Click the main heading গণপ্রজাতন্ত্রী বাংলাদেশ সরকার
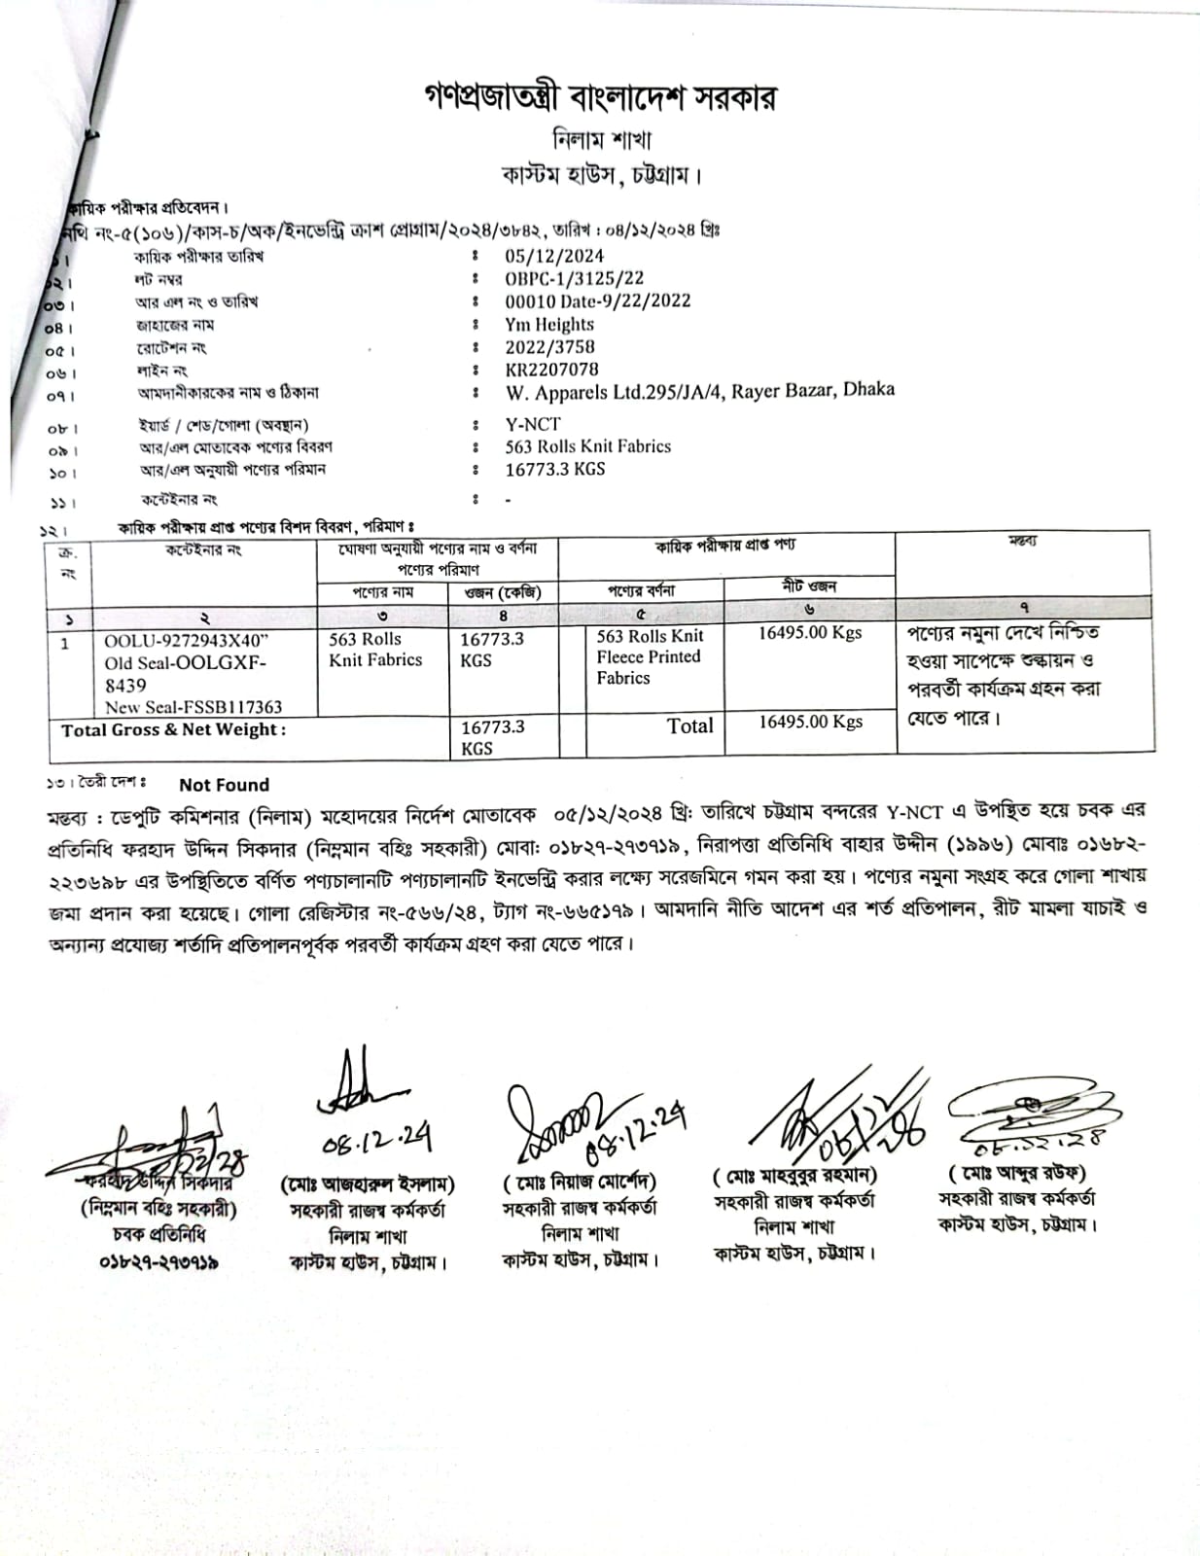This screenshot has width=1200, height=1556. coord(600,97)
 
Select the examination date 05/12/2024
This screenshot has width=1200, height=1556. coord(554,257)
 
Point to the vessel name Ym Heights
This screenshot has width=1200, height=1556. coord(548,325)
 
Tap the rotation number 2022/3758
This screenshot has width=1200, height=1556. coord(549,347)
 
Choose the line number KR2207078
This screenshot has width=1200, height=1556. coord(551,370)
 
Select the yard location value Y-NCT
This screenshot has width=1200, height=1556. coord(532,424)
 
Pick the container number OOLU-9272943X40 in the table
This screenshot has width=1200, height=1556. coord(186,641)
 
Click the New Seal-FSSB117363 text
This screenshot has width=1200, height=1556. coord(194,707)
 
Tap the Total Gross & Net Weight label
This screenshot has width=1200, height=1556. coord(173,730)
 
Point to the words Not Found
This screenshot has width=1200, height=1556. coord(224,785)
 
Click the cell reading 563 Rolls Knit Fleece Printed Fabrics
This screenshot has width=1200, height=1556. coord(649,657)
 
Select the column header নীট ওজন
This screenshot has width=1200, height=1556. coord(809,586)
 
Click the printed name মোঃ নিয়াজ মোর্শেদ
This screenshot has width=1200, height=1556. coord(580,1183)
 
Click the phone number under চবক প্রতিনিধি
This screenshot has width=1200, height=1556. coord(158,1261)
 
